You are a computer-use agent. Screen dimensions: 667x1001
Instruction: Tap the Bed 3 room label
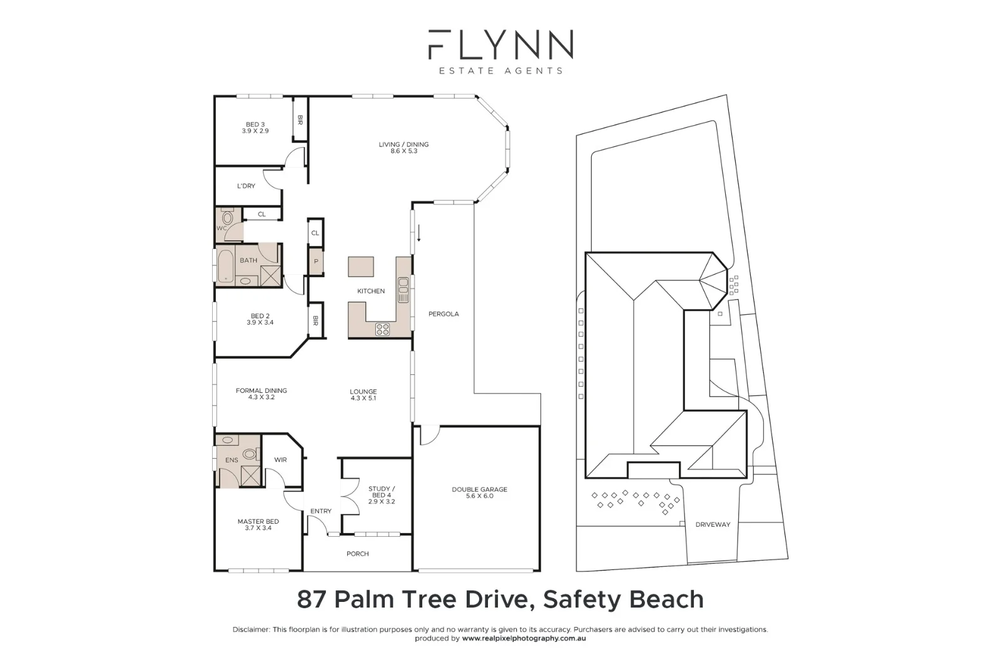[x=255, y=128]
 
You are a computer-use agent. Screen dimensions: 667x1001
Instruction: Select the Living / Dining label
[x=404, y=148]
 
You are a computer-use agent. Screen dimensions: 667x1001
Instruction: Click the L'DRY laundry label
[x=246, y=186]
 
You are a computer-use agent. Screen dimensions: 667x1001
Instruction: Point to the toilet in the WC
[x=228, y=218]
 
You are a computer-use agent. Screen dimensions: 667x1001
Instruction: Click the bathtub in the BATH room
[x=225, y=266]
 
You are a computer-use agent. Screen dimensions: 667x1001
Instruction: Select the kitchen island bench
[x=361, y=267]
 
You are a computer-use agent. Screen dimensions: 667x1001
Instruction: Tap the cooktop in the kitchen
[x=382, y=329]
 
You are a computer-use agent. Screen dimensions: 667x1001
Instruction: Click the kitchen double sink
[x=404, y=290]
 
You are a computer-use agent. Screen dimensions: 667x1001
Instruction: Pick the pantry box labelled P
[x=316, y=262]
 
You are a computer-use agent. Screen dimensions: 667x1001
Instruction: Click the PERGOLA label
[x=444, y=314]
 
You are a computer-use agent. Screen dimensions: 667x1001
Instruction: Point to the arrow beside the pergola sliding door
[x=419, y=233]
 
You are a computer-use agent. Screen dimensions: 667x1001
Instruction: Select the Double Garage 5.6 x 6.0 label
[x=480, y=492]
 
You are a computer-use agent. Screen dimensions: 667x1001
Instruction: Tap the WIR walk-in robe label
[x=280, y=460]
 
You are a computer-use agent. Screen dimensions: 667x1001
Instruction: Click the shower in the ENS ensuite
[x=250, y=475]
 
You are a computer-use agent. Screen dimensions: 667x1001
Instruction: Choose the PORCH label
[x=357, y=554]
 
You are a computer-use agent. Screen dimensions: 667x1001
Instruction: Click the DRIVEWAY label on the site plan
[x=713, y=524]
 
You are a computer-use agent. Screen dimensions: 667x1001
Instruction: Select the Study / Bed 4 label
[x=381, y=495]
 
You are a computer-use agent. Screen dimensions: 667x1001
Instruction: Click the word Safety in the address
[x=582, y=599]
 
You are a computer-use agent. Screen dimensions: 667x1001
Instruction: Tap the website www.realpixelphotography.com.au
[x=524, y=638]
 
